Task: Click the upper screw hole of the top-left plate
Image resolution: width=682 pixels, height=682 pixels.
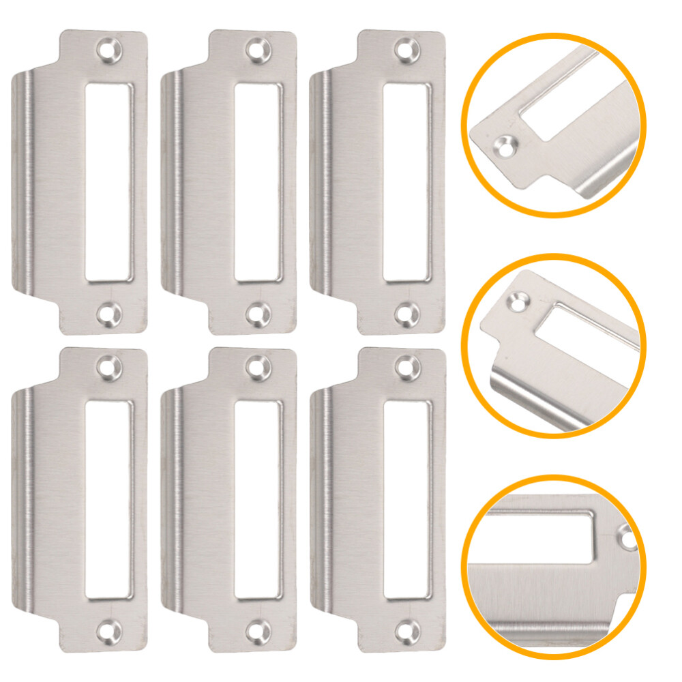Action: point(108,50)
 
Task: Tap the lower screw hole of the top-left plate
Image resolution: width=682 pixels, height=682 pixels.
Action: point(108,313)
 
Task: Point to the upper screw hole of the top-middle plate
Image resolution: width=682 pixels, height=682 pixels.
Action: point(256,50)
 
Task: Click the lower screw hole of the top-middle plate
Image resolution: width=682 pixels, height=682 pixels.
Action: point(256,313)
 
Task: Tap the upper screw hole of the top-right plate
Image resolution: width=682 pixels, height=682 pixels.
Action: point(407,50)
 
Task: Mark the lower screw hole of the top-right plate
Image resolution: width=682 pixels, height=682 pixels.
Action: point(407,313)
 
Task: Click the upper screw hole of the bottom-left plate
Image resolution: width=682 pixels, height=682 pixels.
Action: point(108,368)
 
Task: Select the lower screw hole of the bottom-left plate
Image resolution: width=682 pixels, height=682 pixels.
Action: point(108,631)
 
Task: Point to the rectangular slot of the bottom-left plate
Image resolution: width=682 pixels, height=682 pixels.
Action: point(108,499)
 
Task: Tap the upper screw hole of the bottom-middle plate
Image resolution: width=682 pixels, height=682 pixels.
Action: point(256,368)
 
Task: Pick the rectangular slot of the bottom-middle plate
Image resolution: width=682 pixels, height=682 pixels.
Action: point(257,499)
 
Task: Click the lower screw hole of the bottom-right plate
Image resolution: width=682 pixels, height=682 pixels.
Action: point(407,631)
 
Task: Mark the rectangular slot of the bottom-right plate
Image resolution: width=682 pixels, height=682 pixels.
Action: point(406,499)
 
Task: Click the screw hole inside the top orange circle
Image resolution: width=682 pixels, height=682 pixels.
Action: point(505,145)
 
